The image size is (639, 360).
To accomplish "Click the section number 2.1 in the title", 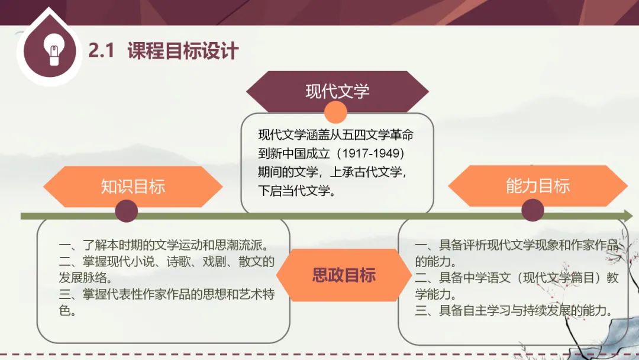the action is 101,50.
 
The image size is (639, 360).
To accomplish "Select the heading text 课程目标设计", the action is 183,50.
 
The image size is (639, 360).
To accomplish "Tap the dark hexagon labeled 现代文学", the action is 337,91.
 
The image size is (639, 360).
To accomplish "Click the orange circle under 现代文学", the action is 335,112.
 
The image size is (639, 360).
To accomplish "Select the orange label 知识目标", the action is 133,187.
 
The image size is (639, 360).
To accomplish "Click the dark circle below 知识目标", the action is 127,211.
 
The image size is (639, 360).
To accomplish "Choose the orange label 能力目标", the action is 537,185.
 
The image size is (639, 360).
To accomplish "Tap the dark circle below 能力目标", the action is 532,210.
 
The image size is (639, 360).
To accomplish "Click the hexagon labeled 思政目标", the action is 344,275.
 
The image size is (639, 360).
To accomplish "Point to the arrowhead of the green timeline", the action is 628,216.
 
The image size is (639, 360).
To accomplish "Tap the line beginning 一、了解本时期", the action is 164,245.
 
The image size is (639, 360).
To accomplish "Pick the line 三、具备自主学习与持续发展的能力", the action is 514,311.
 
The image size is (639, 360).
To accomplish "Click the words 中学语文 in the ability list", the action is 486,278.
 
